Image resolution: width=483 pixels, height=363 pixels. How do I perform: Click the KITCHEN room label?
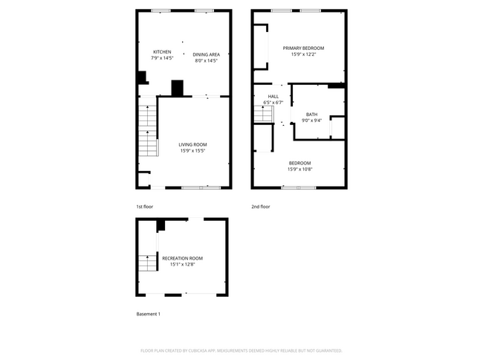(162, 52)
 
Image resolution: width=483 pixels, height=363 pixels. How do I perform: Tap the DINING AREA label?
(206, 54)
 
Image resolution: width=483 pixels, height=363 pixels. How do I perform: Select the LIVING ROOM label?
(192, 144)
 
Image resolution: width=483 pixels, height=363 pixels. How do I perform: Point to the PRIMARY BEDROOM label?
(303, 48)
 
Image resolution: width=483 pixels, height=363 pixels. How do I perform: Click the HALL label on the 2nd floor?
(273, 96)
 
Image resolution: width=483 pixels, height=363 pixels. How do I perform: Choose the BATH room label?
(311, 115)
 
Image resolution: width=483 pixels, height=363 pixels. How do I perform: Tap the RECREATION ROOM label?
(182, 258)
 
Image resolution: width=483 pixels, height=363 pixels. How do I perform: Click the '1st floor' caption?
(144, 206)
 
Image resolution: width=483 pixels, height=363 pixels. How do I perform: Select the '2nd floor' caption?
(261, 206)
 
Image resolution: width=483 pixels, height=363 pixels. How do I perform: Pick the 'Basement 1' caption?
(149, 314)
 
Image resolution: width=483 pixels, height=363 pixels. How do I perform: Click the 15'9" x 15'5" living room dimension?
(192, 151)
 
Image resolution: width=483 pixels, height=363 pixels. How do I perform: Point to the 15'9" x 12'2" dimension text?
(303, 54)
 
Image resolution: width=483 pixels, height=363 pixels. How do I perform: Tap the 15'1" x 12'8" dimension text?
(182, 264)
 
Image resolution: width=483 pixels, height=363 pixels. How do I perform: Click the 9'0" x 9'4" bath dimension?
(311, 121)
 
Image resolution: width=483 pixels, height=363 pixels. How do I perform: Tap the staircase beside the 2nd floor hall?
(264, 115)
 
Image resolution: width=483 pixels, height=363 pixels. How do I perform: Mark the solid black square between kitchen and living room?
(177, 89)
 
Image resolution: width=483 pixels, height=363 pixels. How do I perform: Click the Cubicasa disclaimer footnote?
(241, 350)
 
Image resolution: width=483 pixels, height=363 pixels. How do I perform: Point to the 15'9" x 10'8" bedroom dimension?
(299, 169)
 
